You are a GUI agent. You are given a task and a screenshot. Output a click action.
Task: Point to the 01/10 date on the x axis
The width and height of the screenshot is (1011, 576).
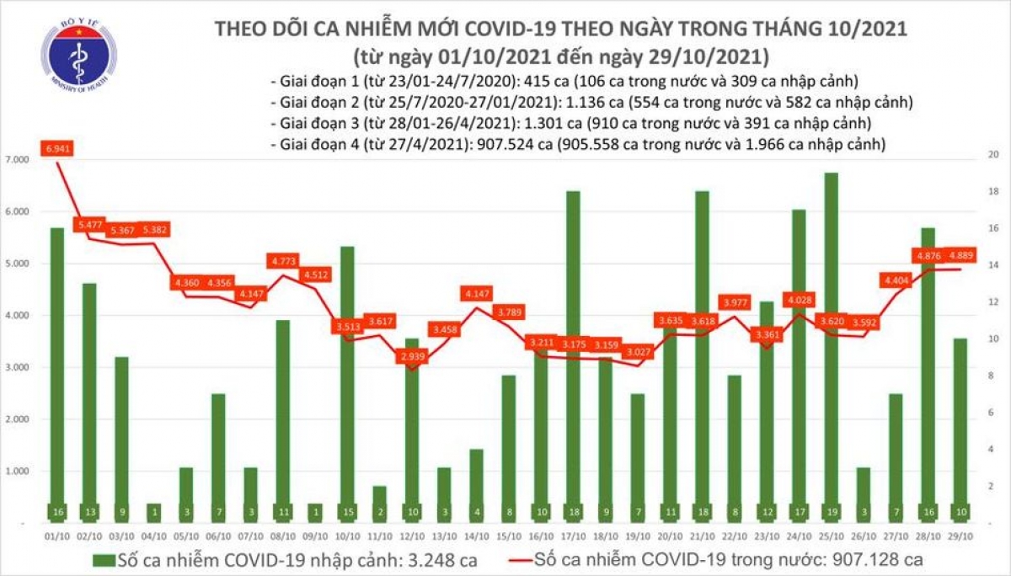click(x=56, y=535)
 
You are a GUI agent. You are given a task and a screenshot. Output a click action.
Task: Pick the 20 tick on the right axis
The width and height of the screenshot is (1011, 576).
click(x=993, y=156)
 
